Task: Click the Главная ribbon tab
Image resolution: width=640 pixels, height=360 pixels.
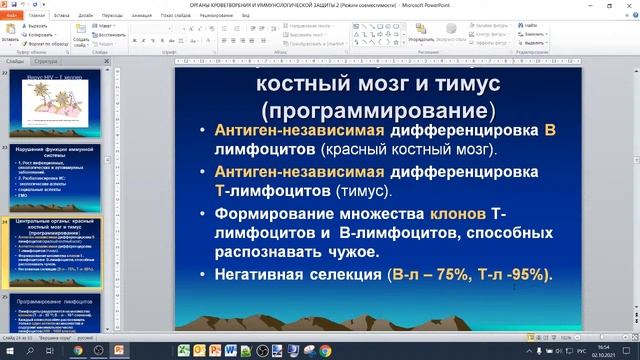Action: [x=37, y=17]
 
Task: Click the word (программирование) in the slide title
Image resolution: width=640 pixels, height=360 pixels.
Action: [x=377, y=108]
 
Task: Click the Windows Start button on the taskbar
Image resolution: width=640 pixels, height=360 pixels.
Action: [x=9, y=350]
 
